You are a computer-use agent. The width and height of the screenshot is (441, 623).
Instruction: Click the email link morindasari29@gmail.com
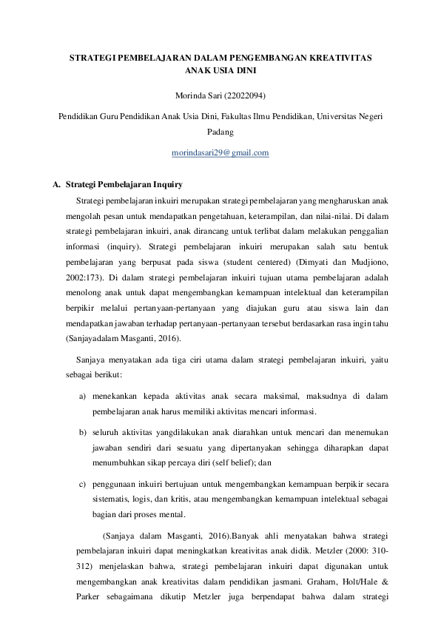[x=220, y=152]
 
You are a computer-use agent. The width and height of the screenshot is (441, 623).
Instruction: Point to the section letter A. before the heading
[x=58, y=184]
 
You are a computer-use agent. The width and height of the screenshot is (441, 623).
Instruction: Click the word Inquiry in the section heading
[x=168, y=184]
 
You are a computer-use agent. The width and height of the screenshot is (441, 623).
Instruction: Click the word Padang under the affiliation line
[x=220, y=132]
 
